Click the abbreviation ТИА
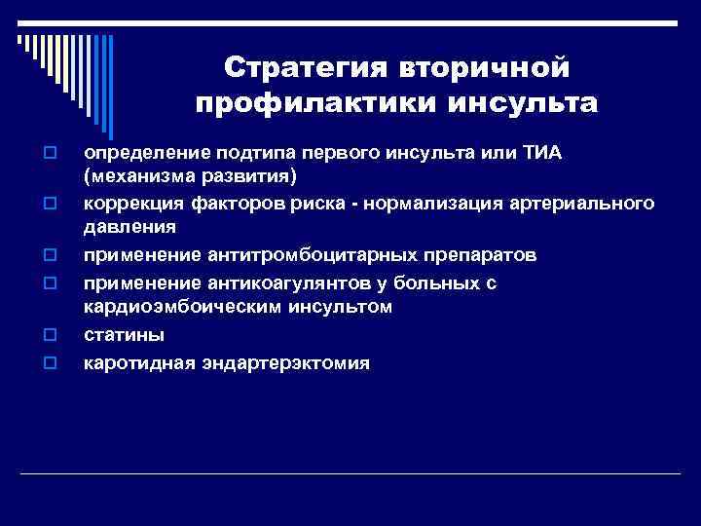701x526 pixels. click(556, 154)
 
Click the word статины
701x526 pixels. click(124, 335)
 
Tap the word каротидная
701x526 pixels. click(139, 363)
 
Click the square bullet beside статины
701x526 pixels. click(47, 336)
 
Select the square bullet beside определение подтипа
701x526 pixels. click(47, 154)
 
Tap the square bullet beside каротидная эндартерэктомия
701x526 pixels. click(47, 364)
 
